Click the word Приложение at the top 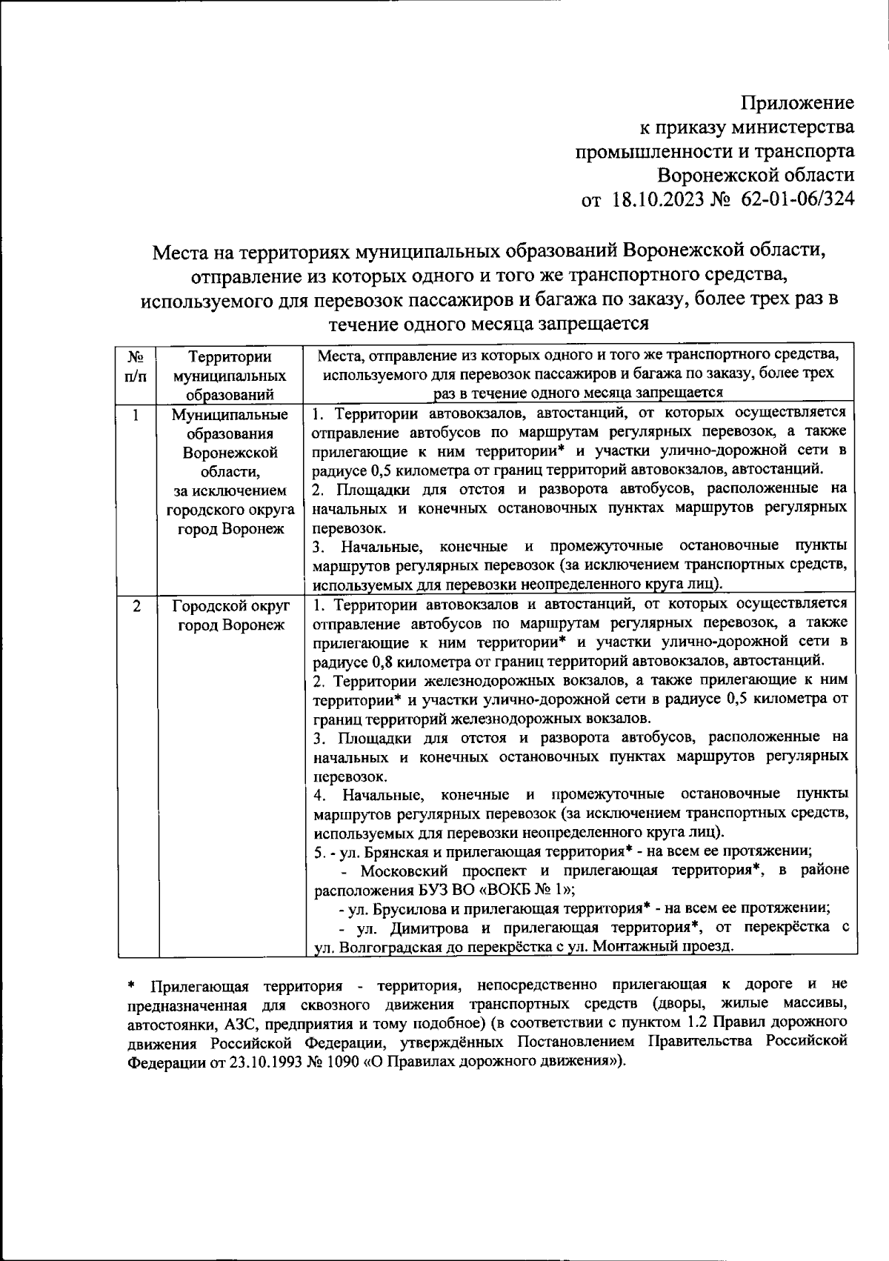tap(798, 102)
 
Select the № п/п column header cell tap(136, 367)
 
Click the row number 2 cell tap(136, 605)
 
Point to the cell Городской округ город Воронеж tap(230, 615)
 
